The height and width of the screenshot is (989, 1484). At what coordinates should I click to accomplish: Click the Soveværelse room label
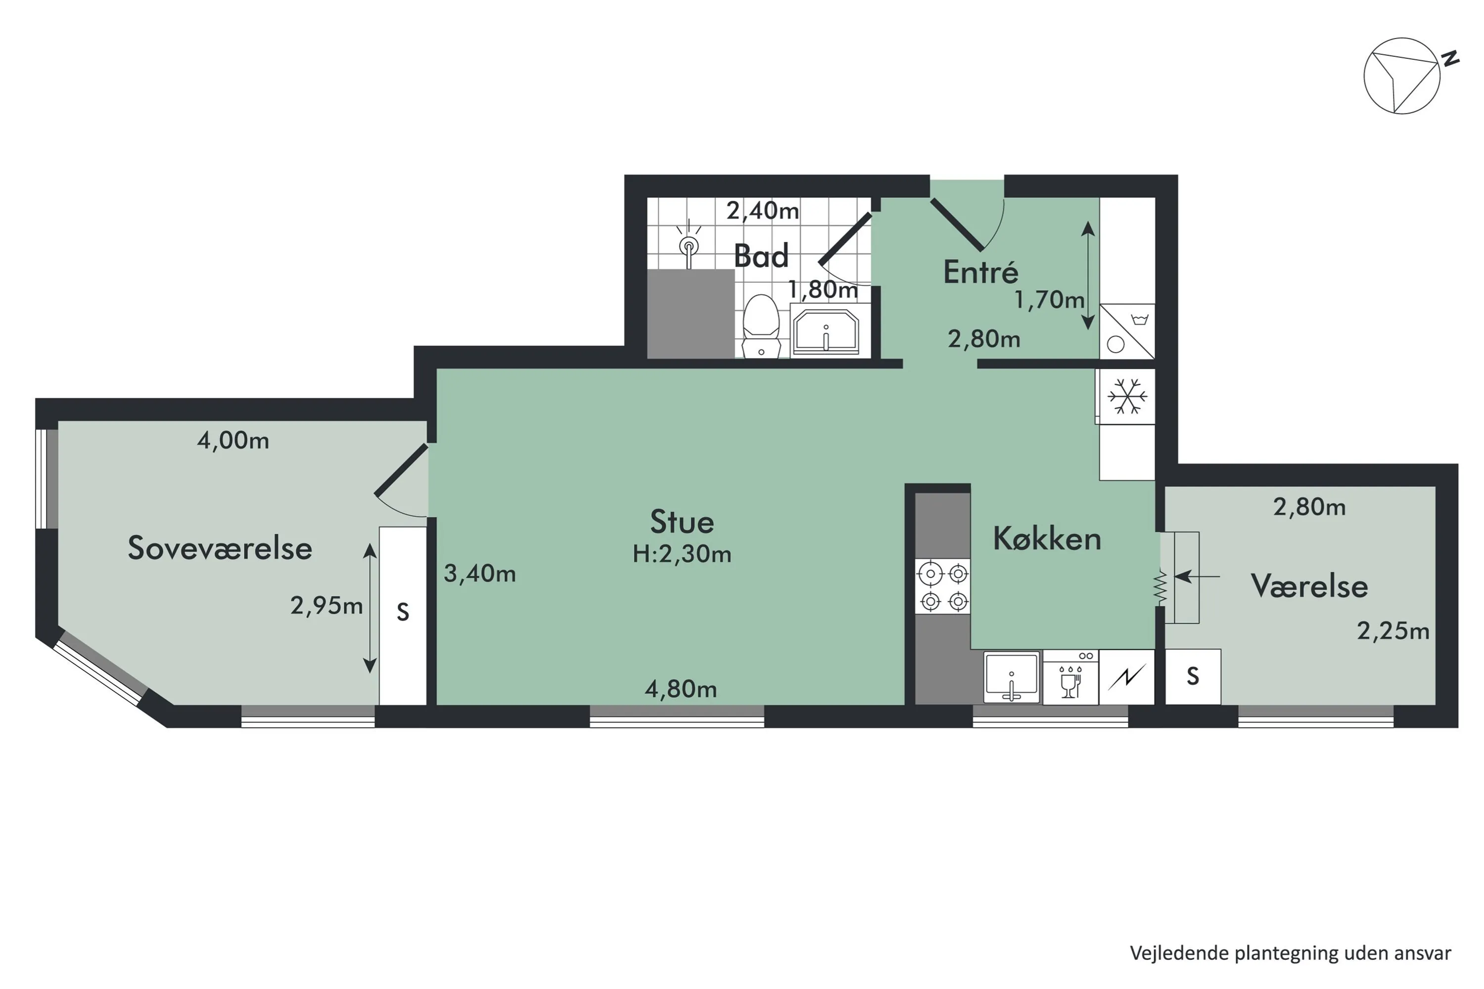coord(220,547)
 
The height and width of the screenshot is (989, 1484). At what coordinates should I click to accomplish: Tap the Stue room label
coord(682,522)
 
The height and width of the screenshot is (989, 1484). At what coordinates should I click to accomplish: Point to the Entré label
coord(980,271)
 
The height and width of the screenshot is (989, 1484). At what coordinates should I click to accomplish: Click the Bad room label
coord(762,256)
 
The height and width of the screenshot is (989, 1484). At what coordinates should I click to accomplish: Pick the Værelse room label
coord(1309,586)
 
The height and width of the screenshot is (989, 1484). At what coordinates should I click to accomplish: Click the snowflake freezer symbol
coord(1127,396)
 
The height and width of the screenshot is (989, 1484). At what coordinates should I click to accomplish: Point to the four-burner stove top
coord(943,586)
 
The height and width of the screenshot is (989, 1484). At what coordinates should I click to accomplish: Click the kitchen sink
coord(1012,677)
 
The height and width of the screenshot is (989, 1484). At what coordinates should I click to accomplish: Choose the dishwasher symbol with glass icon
coord(1071,677)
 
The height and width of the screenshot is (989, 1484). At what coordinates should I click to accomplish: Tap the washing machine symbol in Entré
coord(1127,332)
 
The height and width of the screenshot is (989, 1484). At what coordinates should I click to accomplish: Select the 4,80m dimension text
coord(681,689)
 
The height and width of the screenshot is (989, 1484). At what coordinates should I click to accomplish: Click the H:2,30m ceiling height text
coord(682,554)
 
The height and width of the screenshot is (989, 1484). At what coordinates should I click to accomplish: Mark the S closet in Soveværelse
coord(403,616)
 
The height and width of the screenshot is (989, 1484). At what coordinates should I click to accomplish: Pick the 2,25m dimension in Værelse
coord(1393,631)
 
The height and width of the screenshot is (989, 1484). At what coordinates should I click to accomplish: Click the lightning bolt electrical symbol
coord(1127,677)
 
